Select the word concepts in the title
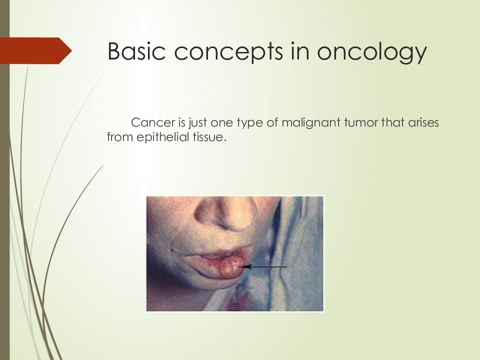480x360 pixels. tap(228, 52)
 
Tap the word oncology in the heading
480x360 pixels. tap(371, 52)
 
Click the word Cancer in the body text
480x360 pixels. tap(153, 122)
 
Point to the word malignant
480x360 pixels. tap(310, 123)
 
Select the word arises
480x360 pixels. tap(423, 122)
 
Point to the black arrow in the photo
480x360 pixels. tap(262, 267)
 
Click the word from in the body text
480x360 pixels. tap(120, 137)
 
